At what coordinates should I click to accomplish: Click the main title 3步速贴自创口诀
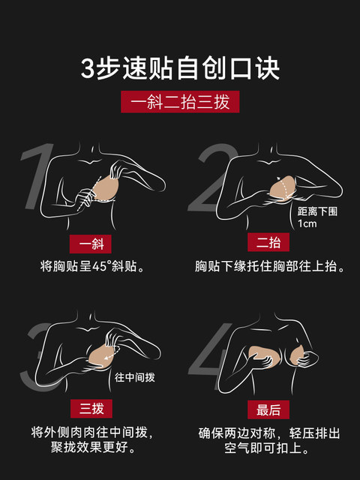[180, 68]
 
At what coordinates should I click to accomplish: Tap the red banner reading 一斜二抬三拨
[180, 102]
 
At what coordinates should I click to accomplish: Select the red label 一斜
[90, 244]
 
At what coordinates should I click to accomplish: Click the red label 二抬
[268, 242]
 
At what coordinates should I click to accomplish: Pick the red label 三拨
[91, 409]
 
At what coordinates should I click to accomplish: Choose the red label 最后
[268, 409]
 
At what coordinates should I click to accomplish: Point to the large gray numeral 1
[37, 176]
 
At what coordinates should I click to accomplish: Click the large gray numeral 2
[211, 178]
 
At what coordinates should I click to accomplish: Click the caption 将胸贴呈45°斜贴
[92, 266]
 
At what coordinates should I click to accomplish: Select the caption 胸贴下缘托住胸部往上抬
[270, 266]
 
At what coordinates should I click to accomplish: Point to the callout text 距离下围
[317, 211]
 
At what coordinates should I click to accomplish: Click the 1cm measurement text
[307, 223]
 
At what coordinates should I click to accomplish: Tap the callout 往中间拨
[135, 377]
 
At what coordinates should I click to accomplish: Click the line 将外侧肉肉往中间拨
[91, 433]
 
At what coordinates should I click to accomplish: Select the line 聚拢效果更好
[93, 448]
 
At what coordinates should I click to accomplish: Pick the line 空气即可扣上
[266, 448]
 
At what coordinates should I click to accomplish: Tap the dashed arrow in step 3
[112, 353]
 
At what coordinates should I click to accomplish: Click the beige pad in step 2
[283, 188]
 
